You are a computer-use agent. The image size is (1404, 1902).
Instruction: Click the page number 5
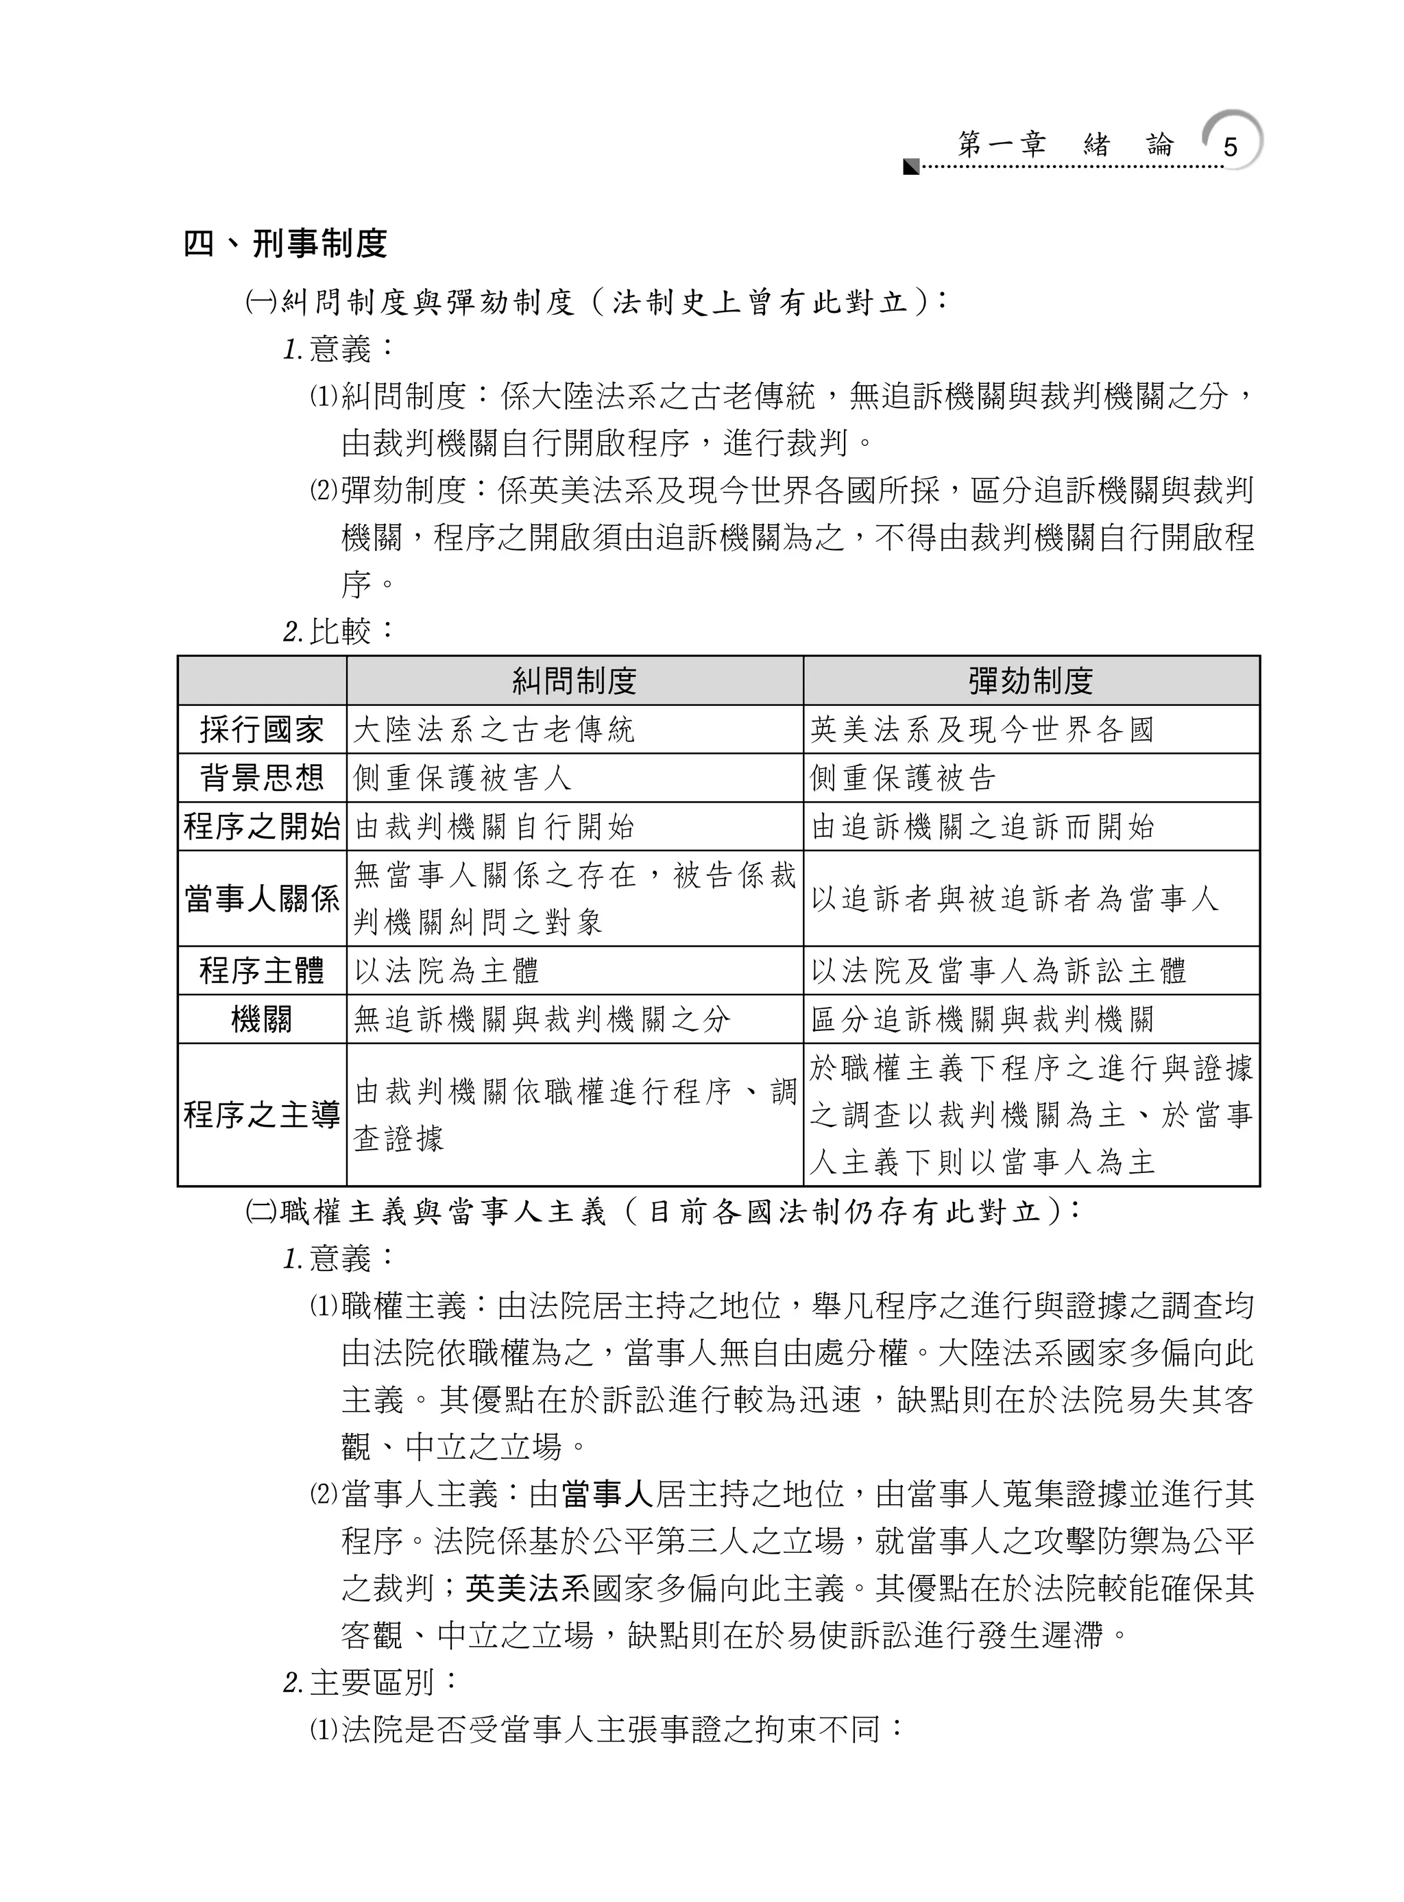tap(1230, 147)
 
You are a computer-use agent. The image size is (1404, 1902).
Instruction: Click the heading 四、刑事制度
tap(286, 244)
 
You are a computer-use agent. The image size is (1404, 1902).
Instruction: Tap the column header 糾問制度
tap(574, 681)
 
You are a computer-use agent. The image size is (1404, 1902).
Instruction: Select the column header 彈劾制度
tap(1031, 681)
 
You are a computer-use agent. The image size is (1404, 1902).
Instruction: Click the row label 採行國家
tap(262, 730)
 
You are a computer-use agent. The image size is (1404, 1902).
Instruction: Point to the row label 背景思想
tap(262, 778)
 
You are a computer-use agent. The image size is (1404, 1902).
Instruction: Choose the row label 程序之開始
tap(262, 827)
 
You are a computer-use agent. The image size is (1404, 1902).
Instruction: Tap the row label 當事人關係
tap(262, 899)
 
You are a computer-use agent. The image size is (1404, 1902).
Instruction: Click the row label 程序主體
tap(262, 971)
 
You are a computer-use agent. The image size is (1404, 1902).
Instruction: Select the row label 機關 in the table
tap(262, 1019)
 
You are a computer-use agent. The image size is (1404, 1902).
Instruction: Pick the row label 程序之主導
tap(262, 1115)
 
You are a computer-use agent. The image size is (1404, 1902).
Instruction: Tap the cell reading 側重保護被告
tap(903, 778)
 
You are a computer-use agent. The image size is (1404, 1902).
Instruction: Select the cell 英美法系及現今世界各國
tap(982, 730)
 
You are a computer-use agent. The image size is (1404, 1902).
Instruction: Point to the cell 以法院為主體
tap(447, 971)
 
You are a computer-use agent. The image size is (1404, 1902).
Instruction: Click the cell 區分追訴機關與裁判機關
tap(982, 1019)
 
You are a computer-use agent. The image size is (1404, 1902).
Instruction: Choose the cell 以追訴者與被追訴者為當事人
tap(1015, 899)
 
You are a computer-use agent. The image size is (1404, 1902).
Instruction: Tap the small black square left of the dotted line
tap(911, 166)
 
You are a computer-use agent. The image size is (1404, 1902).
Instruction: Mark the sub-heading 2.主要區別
tap(371, 1683)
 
